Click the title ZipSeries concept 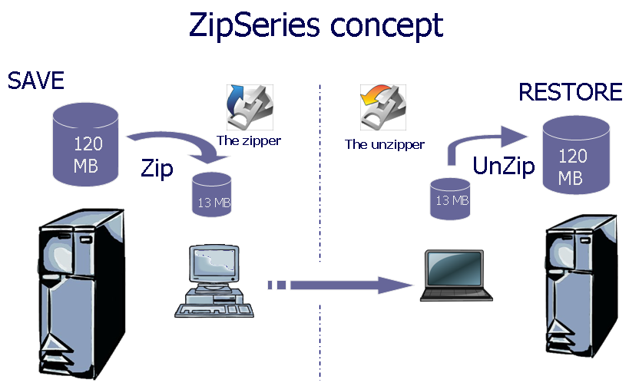[x=316, y=25]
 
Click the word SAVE [x=35, y=81]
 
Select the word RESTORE [x=570, y=92]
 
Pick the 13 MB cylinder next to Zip [x=211, y=195]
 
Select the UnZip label [x=503, y=167]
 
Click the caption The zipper [x=248, y=140]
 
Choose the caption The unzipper [x=384, y=144]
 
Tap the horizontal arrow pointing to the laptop [x=338, y=285]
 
